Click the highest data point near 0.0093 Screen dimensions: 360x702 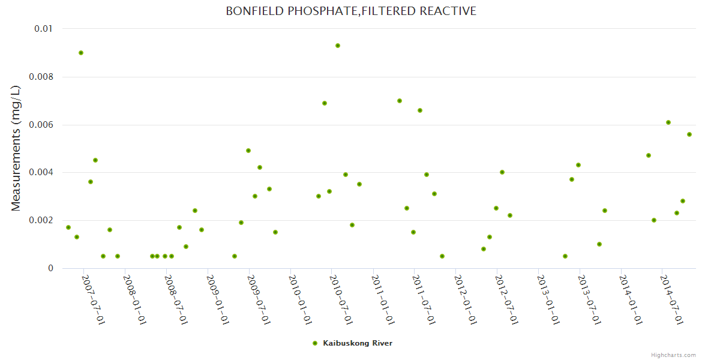tap(338, 46)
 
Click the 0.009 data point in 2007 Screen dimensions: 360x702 tap(81, 53)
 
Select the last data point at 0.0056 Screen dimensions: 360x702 tap(689, 134)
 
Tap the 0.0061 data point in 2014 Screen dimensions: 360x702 tap(668, 122)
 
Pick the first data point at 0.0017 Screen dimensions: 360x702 tap(68, 227)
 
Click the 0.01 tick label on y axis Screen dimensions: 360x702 tap(42, 29)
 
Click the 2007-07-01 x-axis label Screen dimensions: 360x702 tap(93, 299)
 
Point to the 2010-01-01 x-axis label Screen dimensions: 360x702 tap(299, 299)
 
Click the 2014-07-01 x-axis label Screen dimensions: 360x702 tap(671, 299)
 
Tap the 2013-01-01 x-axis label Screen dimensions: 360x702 tap(548, 299)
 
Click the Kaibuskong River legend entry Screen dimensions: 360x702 tap(357, 343)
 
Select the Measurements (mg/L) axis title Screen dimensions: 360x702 tap(16, 148)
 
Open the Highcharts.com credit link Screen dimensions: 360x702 tap(673, 355)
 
